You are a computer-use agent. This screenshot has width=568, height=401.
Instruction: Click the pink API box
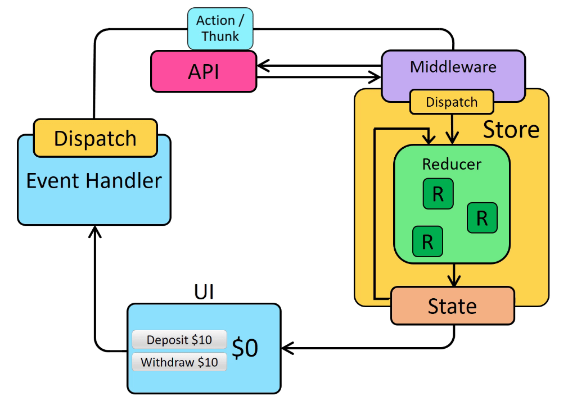tap(204, 71)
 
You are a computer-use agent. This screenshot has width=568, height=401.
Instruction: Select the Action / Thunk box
tap(220, 29)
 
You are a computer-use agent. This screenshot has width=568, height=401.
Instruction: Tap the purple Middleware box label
tap(453, 67)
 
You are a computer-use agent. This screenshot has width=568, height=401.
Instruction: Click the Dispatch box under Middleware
tap(452, 102)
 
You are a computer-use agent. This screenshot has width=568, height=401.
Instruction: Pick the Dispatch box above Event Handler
tap(95, 138)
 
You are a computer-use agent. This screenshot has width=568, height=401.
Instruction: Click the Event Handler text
tap(94, 181)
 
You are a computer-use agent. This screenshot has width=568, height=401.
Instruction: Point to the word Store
tap(511, 129)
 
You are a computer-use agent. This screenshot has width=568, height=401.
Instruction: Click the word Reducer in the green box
tap(452, 165)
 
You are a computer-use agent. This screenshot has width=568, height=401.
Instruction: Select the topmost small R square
tap(438, 194)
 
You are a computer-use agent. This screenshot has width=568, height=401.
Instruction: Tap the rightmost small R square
tap(482, 218)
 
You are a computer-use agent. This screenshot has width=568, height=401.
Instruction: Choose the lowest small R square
tap(427, 241)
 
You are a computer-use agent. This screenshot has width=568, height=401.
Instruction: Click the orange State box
tap(453, 306)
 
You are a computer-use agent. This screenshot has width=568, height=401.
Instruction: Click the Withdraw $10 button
tap(179, 362)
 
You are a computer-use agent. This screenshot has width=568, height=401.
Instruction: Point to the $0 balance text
tap(245, 348)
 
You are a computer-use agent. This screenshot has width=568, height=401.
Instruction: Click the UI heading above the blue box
tap(204, 291)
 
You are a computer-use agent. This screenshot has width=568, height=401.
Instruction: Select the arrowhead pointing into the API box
tap(263, 66)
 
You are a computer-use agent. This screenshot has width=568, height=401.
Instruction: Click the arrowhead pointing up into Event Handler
tap(95, 231)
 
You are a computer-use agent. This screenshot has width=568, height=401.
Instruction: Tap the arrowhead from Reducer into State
tap(454, 280)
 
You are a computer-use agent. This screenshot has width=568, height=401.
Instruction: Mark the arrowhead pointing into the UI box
tap(287, 348)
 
